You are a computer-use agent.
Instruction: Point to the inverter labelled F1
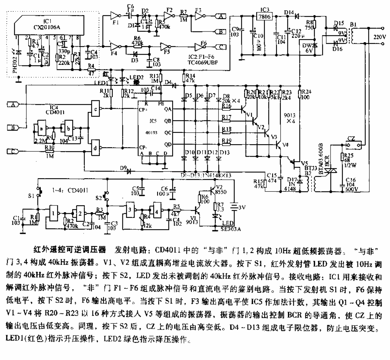tap(114, 16)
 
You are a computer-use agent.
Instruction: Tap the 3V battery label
tap(240, 207)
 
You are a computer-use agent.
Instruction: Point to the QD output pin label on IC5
tap(168, 144)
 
